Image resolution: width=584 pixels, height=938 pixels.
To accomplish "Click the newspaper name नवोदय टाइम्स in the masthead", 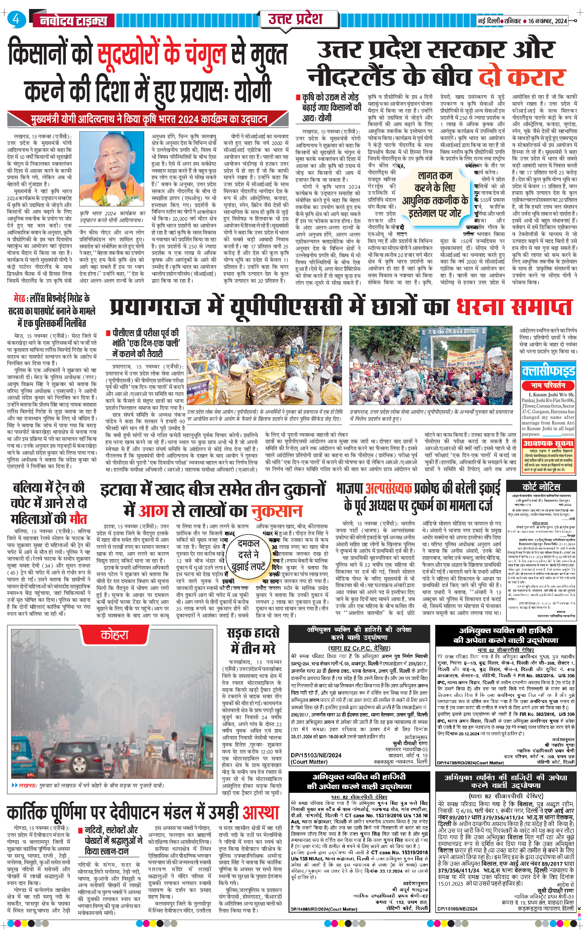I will pos(74,20).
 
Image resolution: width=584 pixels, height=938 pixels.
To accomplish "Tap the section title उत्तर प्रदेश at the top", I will pos(295,19).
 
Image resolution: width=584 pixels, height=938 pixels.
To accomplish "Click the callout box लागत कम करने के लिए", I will pos(435,194).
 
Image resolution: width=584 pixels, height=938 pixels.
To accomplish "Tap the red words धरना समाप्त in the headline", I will pos(514,307).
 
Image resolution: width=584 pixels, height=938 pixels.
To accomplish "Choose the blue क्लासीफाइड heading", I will pos(548,371).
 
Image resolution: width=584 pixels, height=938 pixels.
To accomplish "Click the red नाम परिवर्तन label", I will pos(548,385).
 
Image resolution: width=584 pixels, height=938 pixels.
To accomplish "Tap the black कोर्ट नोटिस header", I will pos(541,487).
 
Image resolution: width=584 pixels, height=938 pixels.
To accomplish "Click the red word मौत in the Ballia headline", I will pos(78,519).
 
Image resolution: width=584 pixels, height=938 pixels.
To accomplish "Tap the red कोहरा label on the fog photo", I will pos(114,635).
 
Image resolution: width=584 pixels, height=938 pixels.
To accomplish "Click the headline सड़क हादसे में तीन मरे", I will pos(253,640).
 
